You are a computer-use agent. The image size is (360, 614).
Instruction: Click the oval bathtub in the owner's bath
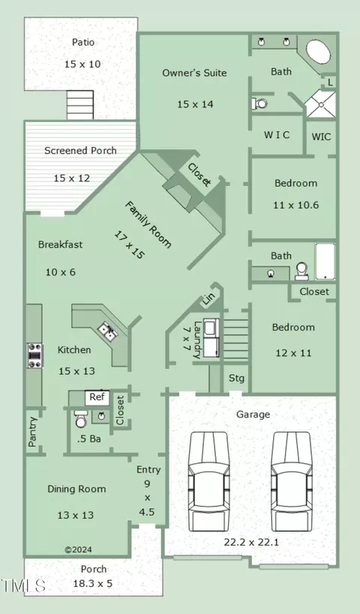coord(318,51)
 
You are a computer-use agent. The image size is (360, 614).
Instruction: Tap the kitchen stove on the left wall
coord(34,355)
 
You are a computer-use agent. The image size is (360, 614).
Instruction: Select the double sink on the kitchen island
coord(108,331)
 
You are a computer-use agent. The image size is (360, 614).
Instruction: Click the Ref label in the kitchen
coord(97,397)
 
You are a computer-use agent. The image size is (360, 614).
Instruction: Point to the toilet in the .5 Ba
coord(81,419)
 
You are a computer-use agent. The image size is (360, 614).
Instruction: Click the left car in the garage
coord(208,481)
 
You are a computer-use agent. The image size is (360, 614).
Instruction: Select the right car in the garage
coord(292,481)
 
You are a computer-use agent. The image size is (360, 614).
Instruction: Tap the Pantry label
coord(33,432)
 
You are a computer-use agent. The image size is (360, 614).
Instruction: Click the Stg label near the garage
coord(236,379)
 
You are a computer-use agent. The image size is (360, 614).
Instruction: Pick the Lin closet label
coord(208,300)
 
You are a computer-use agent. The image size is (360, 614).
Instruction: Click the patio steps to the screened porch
coord(80,105)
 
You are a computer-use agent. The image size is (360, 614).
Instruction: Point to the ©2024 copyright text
coord(78,550)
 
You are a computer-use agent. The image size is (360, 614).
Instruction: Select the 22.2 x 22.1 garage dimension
coord(251,542)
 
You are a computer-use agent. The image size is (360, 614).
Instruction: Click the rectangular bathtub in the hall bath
coord(325,261)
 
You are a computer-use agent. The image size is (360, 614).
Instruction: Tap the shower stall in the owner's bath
coord(320,104)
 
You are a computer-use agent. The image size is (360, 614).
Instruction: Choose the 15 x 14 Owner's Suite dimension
coord(195,104)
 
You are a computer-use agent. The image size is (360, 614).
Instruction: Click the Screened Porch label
coord(80,151)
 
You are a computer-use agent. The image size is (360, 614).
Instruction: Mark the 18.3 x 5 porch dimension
coord(93,583)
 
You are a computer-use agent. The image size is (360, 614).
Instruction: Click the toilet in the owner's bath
coord(259,103)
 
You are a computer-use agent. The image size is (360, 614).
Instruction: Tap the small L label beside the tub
coord(330,82)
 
